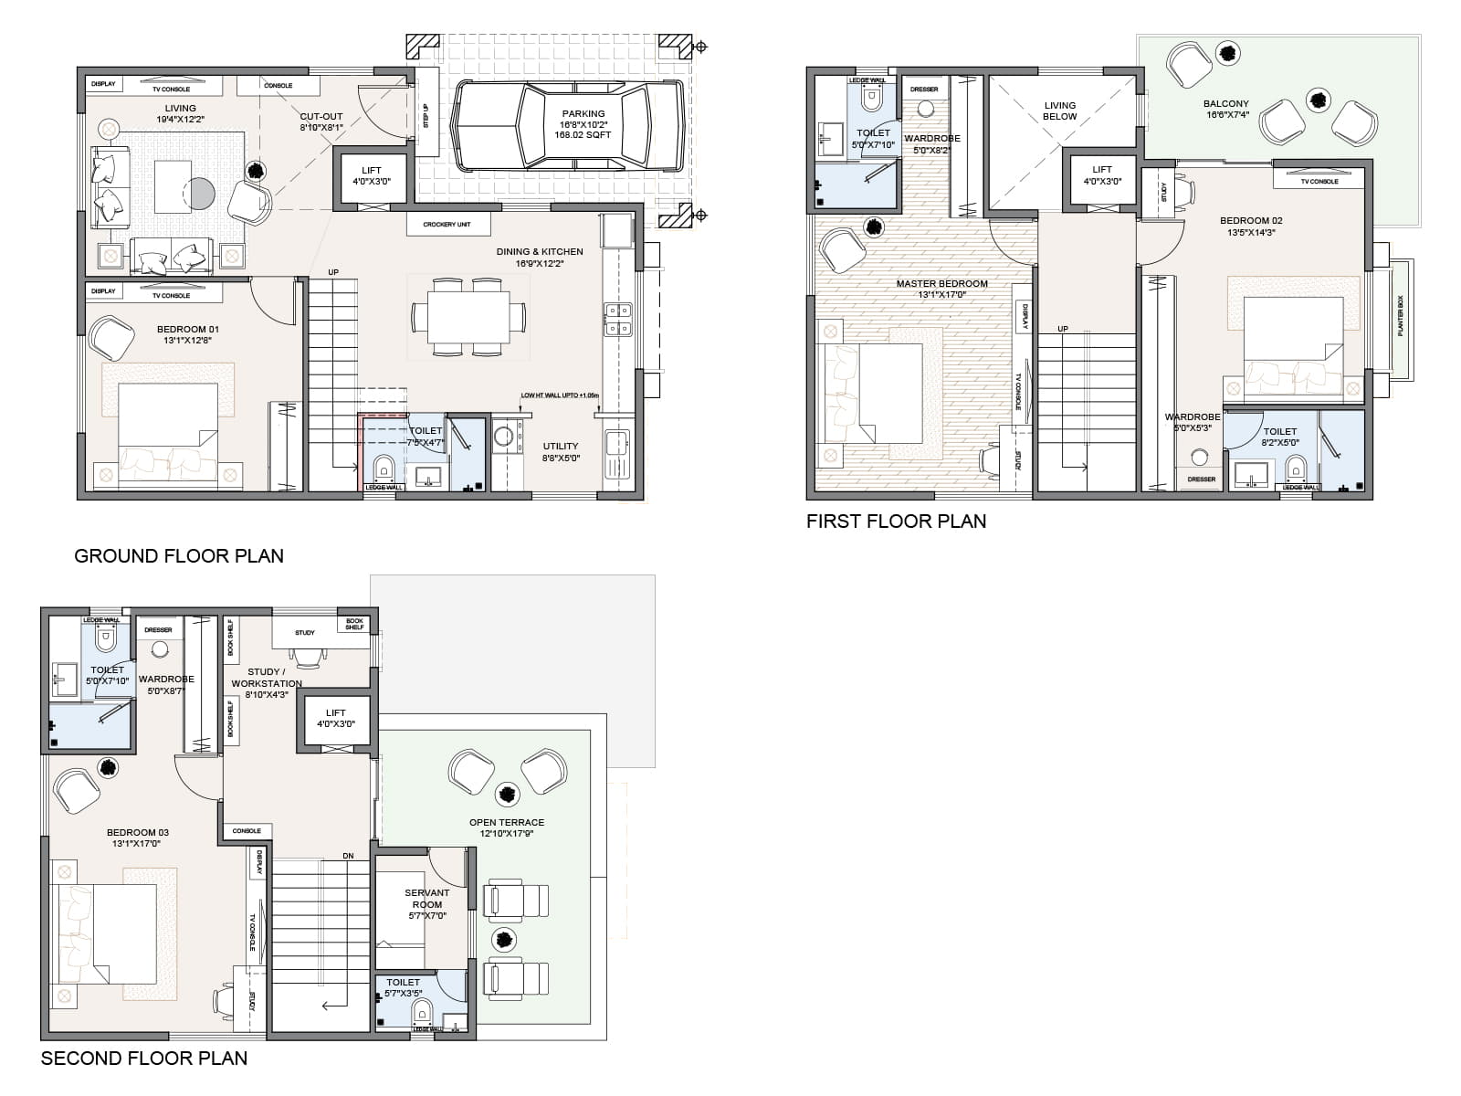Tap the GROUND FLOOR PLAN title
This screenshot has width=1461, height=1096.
pyautogui.click(x=179, y=555)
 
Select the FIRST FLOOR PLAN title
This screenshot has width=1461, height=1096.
pyautogui.click(x=896, y=521)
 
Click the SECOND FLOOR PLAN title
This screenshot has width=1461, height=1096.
pyautogui.click(x=144, y=1058)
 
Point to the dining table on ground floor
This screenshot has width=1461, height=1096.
pyautogui.click(x=468, y=317)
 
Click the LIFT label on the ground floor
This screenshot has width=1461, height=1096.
pyautogui.click(x=371, y=171)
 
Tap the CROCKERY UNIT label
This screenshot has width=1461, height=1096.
pyautogui.click(x=447, y=224)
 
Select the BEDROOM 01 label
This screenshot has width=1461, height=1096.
pyautogui.click(x=187, y=329)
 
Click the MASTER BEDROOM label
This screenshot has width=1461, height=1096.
pyautogui.click(x=941, y=283)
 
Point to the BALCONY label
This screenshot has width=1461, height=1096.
pyautogui.click(x=1225, y=104)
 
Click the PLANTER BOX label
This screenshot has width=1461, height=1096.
pyautogui.click(x=1400, y=315)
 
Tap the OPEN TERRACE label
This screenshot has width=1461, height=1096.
pyautogui.click(x=507, y=822)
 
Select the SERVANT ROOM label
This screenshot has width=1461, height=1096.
pyautogui.click(x=426, y=899)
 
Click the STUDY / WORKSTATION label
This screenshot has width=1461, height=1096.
pyautogui.click(x=266, y=678)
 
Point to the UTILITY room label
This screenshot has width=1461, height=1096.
pyautogui.click(x=561, y=447)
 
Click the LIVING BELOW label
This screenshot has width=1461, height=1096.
pyautogui.click(x=1059, y=111)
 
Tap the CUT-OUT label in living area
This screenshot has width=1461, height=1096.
pyautogui.click(x=321, y=117)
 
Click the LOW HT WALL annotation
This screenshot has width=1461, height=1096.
pyautogui.click(x=560, y=395)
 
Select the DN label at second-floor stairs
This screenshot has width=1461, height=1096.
pyautogui.click(x=348, y=856)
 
